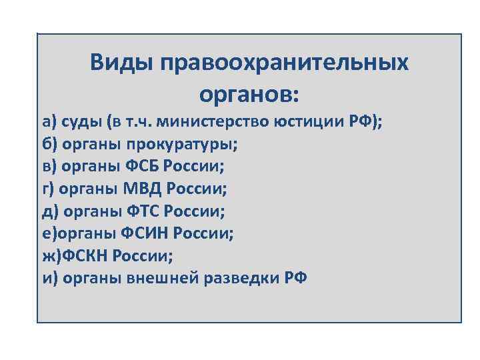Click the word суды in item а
point(83,121)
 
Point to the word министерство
point(215,121)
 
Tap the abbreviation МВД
point(143,189)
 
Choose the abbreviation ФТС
point(140,211)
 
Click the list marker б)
point(48,144)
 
